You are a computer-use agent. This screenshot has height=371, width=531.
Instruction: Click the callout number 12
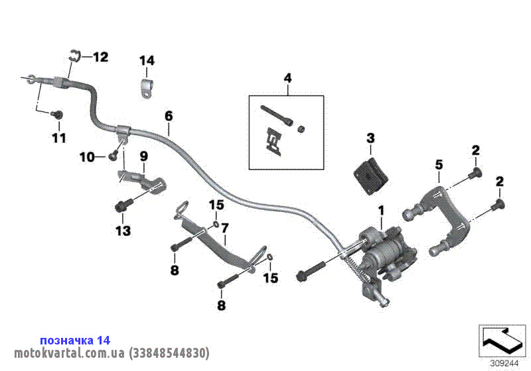coord(100,58)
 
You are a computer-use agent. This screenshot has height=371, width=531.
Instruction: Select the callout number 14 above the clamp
coord(147,61)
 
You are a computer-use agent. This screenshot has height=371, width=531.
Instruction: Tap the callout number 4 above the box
coord(287,78)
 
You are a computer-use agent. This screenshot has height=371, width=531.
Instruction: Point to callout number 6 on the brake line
coord(169,116)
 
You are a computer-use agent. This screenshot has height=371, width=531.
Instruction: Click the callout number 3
coord(370,138)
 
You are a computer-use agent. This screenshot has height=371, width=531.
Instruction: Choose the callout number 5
coord(438,163)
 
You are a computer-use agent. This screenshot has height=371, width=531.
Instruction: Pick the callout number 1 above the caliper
coord(381,211)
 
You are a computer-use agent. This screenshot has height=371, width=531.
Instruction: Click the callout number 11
coord(59,138)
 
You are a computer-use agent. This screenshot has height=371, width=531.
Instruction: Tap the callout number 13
coord(123,231)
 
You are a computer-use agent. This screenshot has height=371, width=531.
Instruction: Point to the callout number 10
coord(87,157)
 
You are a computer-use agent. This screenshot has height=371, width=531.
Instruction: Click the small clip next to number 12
coord(74,56)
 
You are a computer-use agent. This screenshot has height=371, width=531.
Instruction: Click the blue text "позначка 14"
coord(74,340)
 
